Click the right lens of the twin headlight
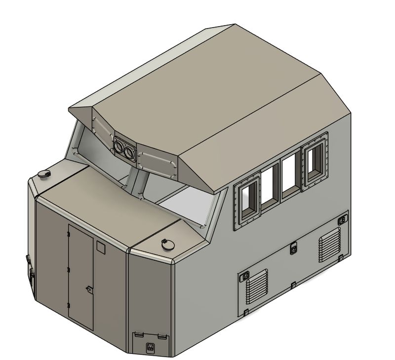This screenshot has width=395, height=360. tap(130, 152)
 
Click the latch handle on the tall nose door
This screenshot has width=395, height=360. tap(89, 289)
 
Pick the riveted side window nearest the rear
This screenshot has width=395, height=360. tap(315, 160)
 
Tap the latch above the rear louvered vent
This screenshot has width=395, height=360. tap(341, 220)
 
